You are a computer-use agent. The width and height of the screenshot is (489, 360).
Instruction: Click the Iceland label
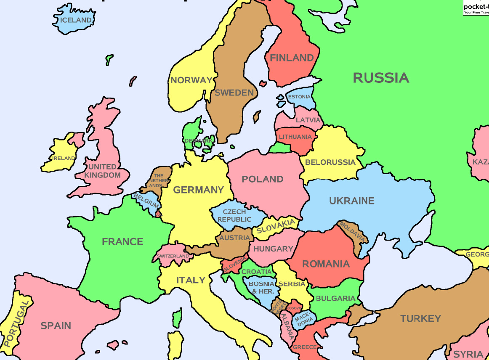(76, 20)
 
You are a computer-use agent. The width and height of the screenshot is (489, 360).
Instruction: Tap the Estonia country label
(299, 97)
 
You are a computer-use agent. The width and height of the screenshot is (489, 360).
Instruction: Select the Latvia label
(308, 120)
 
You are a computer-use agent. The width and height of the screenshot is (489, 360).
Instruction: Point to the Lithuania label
(295, 137)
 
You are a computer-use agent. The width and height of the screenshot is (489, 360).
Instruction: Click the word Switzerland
(173, 256)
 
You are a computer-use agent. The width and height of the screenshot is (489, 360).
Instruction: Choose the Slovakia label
(276, 227)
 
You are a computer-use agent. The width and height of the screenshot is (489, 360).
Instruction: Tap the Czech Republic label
(234, 216)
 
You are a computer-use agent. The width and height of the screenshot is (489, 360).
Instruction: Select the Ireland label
(64, 158)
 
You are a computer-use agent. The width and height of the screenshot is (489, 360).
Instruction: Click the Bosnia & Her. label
(261, 287)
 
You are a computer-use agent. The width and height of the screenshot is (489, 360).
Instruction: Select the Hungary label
(273, 249)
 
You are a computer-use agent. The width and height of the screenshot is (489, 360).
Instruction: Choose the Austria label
(235, 238)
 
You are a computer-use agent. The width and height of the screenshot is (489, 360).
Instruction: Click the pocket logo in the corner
(476, 8)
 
